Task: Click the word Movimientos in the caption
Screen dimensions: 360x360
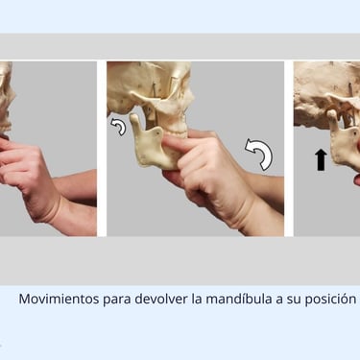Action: (59, 300)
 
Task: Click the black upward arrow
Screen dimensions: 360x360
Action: (321, 159)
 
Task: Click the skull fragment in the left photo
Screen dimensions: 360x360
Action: (7, 96)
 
